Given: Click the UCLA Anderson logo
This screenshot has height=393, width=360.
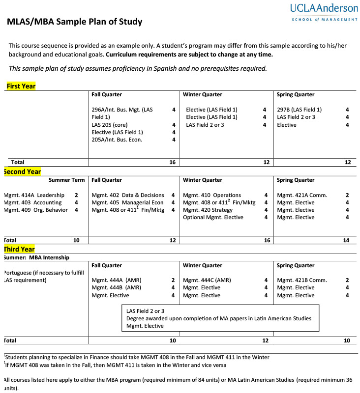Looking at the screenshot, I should (x=324, y=12).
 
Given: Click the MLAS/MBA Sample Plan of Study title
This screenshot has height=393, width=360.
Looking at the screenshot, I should (x=74, y=22).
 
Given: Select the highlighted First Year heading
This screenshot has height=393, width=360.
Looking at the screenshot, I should (x=21, y=86).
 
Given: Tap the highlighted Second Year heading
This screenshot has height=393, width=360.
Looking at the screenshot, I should (x=23, y=171).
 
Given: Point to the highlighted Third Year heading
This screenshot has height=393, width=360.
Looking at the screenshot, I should (x=20, y=249).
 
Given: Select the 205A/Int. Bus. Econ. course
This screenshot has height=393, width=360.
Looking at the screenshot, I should (x=117, y=140).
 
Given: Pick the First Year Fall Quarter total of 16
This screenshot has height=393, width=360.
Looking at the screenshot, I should (x=172, y=162).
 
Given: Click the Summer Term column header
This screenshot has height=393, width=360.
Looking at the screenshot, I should (x=66, y=180).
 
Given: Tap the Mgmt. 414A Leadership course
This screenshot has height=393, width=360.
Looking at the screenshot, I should (x=34, y=195).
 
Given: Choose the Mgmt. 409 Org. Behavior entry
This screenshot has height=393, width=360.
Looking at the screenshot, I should (x=35, y=210).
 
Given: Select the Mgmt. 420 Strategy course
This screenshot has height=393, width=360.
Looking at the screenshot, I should (x=208, y=210).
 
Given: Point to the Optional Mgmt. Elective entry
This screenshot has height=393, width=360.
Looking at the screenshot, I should (x=213, y=217).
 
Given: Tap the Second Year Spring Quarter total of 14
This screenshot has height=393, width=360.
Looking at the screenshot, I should (x=346, y=240).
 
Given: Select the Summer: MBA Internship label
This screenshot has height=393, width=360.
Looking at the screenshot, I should (x=36, y=257).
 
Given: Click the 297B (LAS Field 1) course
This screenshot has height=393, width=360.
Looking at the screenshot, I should (x=299, y=110).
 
